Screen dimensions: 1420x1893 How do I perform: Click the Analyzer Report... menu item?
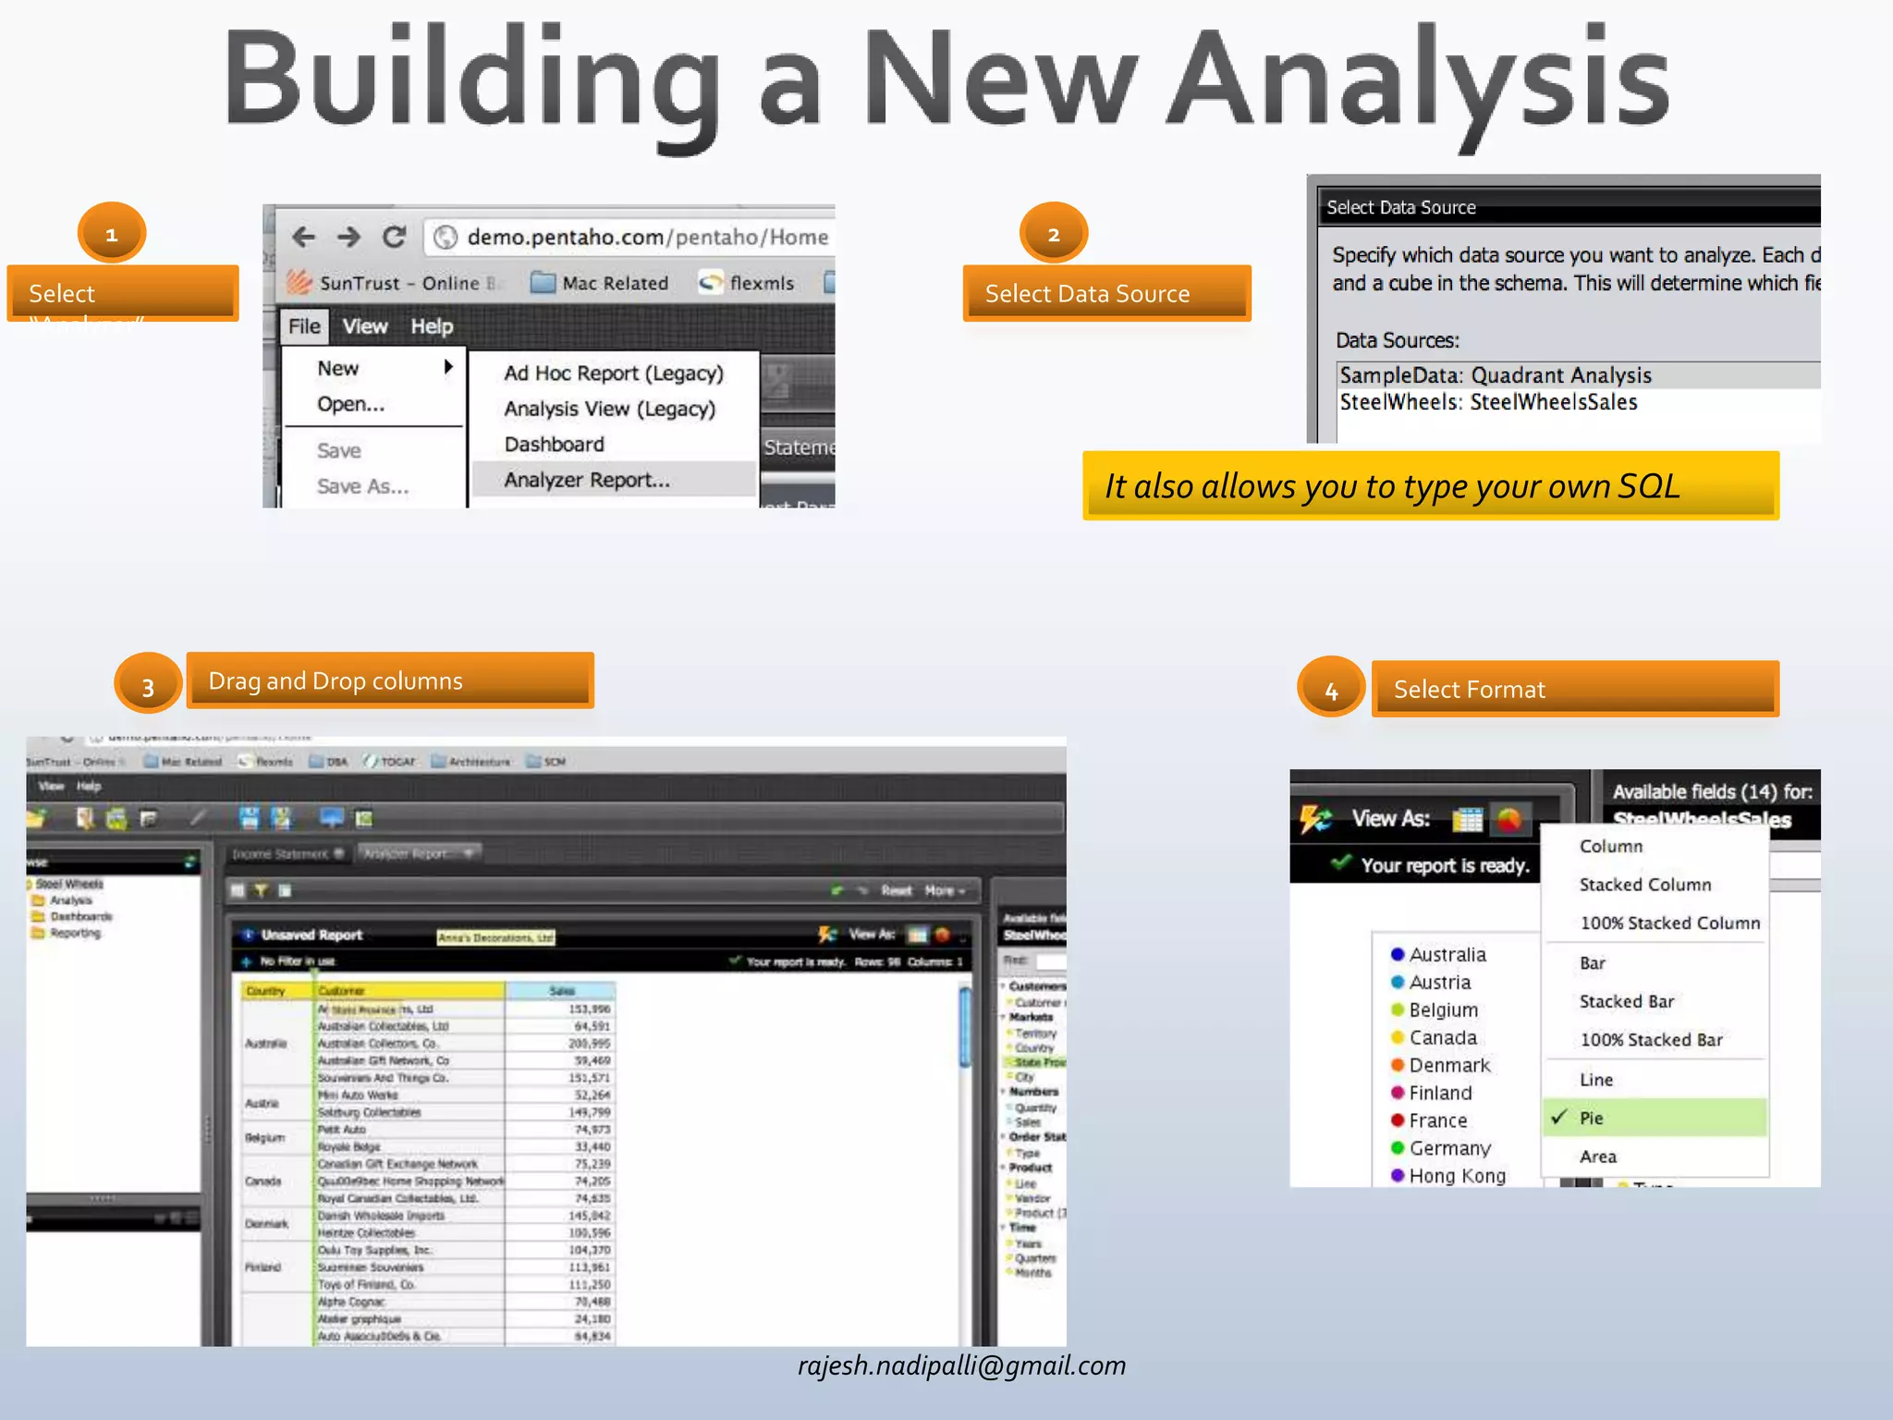pyautogui.click(x=587, y=480)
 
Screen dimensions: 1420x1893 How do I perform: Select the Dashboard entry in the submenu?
pyautogui.click(x=554, y=445)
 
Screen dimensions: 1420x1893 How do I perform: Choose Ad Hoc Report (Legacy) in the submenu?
pyautogui.click(x=613, y=373)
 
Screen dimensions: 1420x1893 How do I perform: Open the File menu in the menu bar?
pyautogui.click(x=303, y=326)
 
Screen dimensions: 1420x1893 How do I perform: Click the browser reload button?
pyautogui.click(x=395, y=238)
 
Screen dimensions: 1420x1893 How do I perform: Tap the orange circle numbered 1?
pyautogui.click(x=112, y=234)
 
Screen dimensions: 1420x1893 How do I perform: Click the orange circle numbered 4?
pyautogui.click(x=1331, y=690)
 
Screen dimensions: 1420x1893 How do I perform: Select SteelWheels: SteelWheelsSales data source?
pyautogui.click(x=1488, y=402)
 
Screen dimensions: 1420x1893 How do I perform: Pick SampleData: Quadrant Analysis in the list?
pyautogui.click(x=1495, y=375)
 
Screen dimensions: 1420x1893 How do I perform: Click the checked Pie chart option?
pyautogui.click(x=1591, y=1118)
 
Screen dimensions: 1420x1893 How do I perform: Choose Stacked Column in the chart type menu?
pyautogui.click(x=1644, y=885)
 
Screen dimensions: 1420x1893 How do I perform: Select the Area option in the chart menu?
pyautogui.click(x=1597, y=1157)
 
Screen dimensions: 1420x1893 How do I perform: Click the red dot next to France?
pyautogui.click(x=1398, y=1120)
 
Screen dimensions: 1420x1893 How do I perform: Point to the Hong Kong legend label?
pyautogui.click(x=1457, y=1176)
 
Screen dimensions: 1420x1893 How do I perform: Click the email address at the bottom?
pyautogui.click(x=961, y=1365)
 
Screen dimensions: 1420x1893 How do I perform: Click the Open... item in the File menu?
pyautogui.click(x=350, y=404)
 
